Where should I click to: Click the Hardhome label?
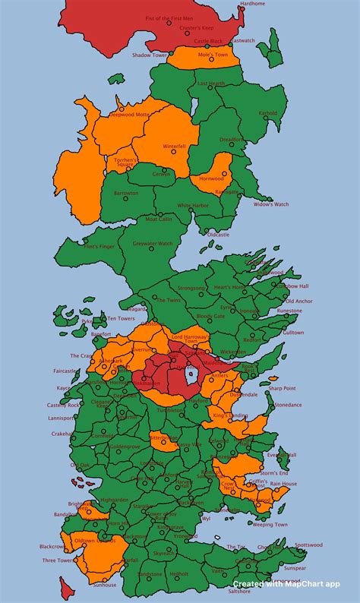coord(252,4)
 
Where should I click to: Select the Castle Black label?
coord(208,41)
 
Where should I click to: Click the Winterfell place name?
coord(174,146)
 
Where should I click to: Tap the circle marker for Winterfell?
coord(173,153)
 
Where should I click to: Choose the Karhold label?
coord(267,113)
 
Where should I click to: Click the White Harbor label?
coord(193,205)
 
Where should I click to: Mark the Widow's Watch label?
coord(271,204)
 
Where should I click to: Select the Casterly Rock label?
coord(64,405)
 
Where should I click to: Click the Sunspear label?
coord(293,567)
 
